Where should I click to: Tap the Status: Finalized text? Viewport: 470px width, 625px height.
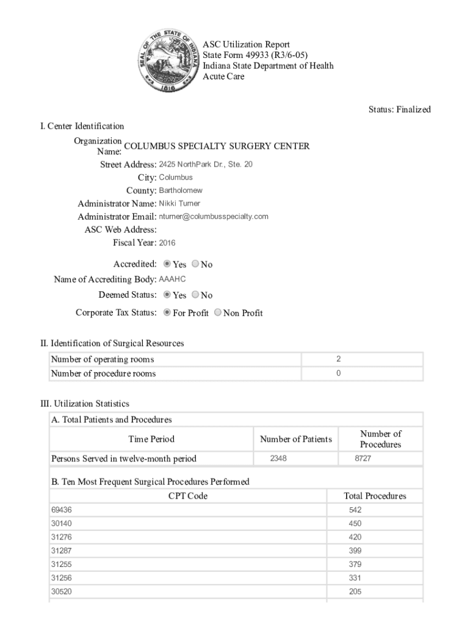pyautogui.click(x=399, y=110)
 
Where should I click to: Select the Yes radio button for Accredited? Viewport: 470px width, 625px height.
pyautogui.click(x=167, y=264)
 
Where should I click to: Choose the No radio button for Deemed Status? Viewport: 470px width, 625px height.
pyautogui.click(x=195, y=295)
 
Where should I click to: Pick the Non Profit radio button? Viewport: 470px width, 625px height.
pyautogui.click(x=218, y=313)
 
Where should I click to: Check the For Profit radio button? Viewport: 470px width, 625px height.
pyautogui.click(x=167, y=313)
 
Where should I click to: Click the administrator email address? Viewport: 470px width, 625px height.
pyautogui.click(x=214, y=217)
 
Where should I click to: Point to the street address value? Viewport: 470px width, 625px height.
pyautogui.click(x=205, y=165)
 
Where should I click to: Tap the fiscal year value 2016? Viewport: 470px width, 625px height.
pyautogui.click(x=167, y=243)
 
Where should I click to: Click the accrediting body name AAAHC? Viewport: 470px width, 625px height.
pyautogui.click(x=172, y=279)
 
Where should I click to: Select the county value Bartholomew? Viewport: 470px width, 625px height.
pyautogui.click(x=180, y=190)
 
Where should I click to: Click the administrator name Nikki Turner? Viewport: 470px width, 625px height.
pyautogui.click(x=179, y=203)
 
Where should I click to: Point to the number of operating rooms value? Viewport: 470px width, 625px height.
pyautogui.click(x=338, y=359)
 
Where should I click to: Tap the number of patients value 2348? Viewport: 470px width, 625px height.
pyautogui.click(x=278, y=458)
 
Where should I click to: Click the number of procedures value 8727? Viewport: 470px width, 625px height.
pyautogui.click(x=363, y=458)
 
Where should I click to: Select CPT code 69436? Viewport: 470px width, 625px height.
pyautogui.click(x=61, y=510)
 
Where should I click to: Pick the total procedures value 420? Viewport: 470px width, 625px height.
pyautogui.click(x=355, y=537)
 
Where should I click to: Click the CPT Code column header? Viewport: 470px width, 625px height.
pyautogui.click(x=187, y=496)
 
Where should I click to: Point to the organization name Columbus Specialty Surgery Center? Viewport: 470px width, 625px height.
pyautogui.click(x=216, y=146)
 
